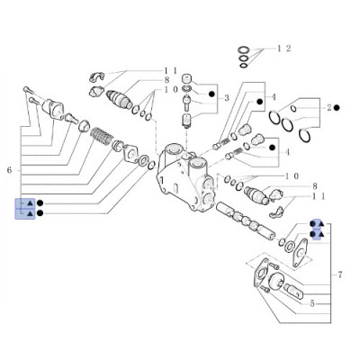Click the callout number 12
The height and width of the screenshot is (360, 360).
point(283,46)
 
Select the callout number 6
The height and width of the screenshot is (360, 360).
point(10,169)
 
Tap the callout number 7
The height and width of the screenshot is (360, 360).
point(340,273)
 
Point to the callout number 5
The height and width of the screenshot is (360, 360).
point(312,304)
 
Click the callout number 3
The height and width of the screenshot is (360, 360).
point(228,97)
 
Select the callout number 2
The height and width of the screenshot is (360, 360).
point(330,108)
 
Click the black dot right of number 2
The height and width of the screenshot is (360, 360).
point(343,108)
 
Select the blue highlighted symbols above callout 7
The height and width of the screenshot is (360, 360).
point(315,232)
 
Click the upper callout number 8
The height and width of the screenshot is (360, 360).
point(166,80)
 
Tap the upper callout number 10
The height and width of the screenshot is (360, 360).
point(169,91)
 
